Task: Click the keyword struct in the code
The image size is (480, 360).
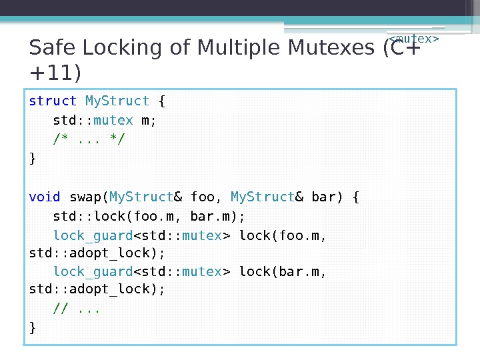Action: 53,101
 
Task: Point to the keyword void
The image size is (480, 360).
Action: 45,197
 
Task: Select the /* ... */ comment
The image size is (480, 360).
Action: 89,139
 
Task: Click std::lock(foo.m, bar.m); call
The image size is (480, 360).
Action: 149,216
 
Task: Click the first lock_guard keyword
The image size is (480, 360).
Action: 93,235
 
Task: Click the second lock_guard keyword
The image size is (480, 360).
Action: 93,271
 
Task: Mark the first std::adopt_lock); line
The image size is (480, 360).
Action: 97,254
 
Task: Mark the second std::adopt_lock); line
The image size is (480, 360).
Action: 97,290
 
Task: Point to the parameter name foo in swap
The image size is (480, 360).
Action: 203,197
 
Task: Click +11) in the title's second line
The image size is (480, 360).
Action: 55,71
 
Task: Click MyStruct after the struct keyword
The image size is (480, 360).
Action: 118,101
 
